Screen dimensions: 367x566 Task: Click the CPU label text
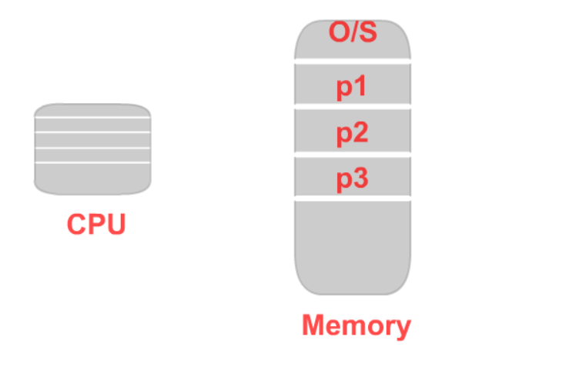tap(95, 224)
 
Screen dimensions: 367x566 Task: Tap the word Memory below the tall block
tap(356, 325)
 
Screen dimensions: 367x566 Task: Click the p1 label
tap(353, 86)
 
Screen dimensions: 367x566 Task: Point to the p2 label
tap(353, 132)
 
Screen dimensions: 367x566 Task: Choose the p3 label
tap(353, 178)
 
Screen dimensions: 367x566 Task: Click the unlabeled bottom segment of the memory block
tap(353, 246)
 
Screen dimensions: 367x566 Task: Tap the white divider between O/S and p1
tap(353, 60)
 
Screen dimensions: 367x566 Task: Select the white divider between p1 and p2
tap(353, 108)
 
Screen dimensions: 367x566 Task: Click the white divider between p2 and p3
tap(353, 156)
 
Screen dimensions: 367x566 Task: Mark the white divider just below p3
tap(353, 199)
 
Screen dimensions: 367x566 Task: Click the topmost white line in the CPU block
tap(92, 118)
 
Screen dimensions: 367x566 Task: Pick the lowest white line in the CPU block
tap(92, 162)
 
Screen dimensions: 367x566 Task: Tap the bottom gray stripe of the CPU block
tap(92, 178)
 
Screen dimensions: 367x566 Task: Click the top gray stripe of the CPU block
tap(92, 111)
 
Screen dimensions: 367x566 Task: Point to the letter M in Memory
tap(313, 325)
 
